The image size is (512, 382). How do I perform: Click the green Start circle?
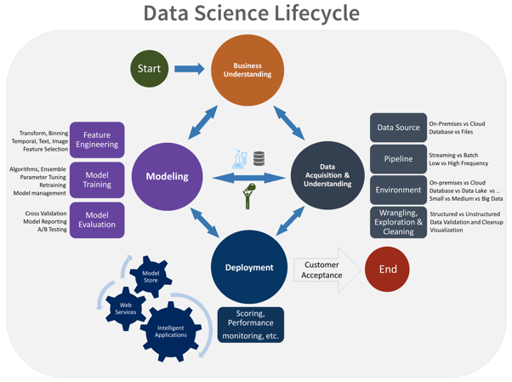click(149, 69)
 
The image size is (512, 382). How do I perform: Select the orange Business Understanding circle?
click(247, 70)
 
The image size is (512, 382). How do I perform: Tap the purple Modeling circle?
click(168, 177)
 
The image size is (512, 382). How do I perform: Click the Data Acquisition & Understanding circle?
click(327, 177)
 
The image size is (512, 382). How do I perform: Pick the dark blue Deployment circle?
click(248, 267)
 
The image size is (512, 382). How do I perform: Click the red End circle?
click(387, 270)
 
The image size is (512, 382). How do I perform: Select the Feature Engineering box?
click(97, 140)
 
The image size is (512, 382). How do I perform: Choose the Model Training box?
click(97, 180)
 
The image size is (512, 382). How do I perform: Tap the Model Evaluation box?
click(97, 220)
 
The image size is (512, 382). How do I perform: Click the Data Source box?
click(398, 128)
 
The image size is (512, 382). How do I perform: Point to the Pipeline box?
click(398, 159)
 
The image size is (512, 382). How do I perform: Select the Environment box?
click(398, 190)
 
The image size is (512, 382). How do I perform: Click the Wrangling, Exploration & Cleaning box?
click(398, 222)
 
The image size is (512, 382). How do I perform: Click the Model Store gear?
click(151, 274)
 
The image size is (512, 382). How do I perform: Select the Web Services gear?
click(125, 308)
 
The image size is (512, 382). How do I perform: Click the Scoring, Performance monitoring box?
click(250, 325)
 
